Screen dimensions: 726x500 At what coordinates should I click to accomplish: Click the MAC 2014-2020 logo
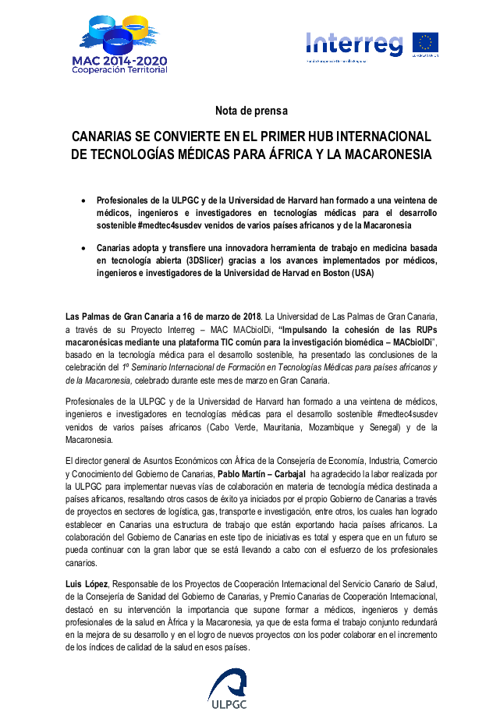click(119, 42)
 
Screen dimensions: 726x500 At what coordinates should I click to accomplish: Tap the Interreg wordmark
click(355, 44)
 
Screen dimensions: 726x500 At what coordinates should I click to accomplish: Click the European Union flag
click(425, 43)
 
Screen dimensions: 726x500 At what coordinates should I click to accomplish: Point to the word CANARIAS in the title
click(108, 136)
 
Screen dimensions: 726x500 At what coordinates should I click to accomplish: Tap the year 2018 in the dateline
click(249, 316)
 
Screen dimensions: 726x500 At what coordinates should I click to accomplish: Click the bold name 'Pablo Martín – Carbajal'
click(261, 473)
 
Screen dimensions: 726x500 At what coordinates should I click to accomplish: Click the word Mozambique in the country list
click(325, 427)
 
